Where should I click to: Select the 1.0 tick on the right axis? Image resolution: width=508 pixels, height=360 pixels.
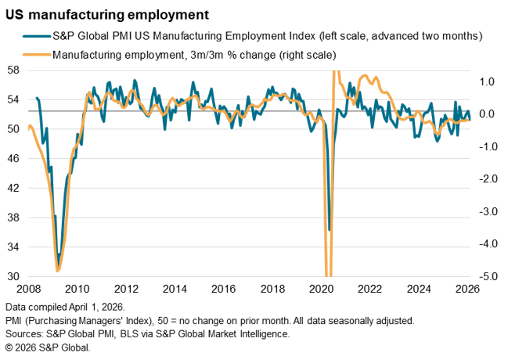pos(486,81)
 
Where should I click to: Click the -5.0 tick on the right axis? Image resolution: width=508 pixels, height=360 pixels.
pos(485,276)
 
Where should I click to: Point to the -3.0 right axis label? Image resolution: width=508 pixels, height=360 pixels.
pos(485,211)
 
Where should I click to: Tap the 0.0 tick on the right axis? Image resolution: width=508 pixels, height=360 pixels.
pos(486,114)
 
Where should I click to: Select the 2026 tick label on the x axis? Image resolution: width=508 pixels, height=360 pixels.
pos(468,288)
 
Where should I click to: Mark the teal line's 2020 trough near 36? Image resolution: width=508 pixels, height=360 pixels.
pos(330,230)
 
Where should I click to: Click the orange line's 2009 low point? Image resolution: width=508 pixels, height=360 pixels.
pos(57,271)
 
